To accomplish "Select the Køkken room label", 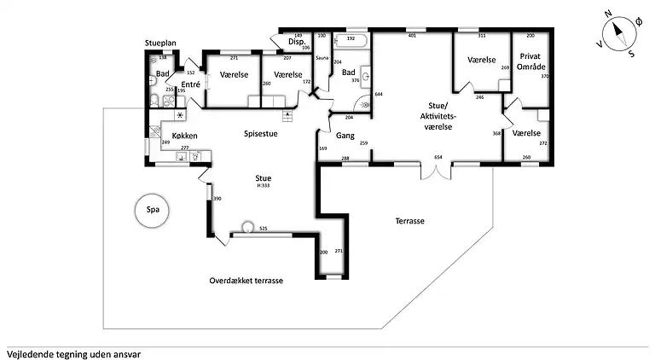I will [x=185, y=136].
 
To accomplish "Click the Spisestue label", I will [x=261, y=133].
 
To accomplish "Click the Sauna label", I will [x=322, y=58].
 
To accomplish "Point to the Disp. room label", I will [x=297, y=41].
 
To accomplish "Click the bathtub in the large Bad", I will [x=350, y=39].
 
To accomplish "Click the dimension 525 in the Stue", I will [x=264, y=229].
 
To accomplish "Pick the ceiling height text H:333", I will [x=264, y=185].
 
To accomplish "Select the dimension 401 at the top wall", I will [x=411, y=36].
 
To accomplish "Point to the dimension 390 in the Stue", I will [x=217, y=198].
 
